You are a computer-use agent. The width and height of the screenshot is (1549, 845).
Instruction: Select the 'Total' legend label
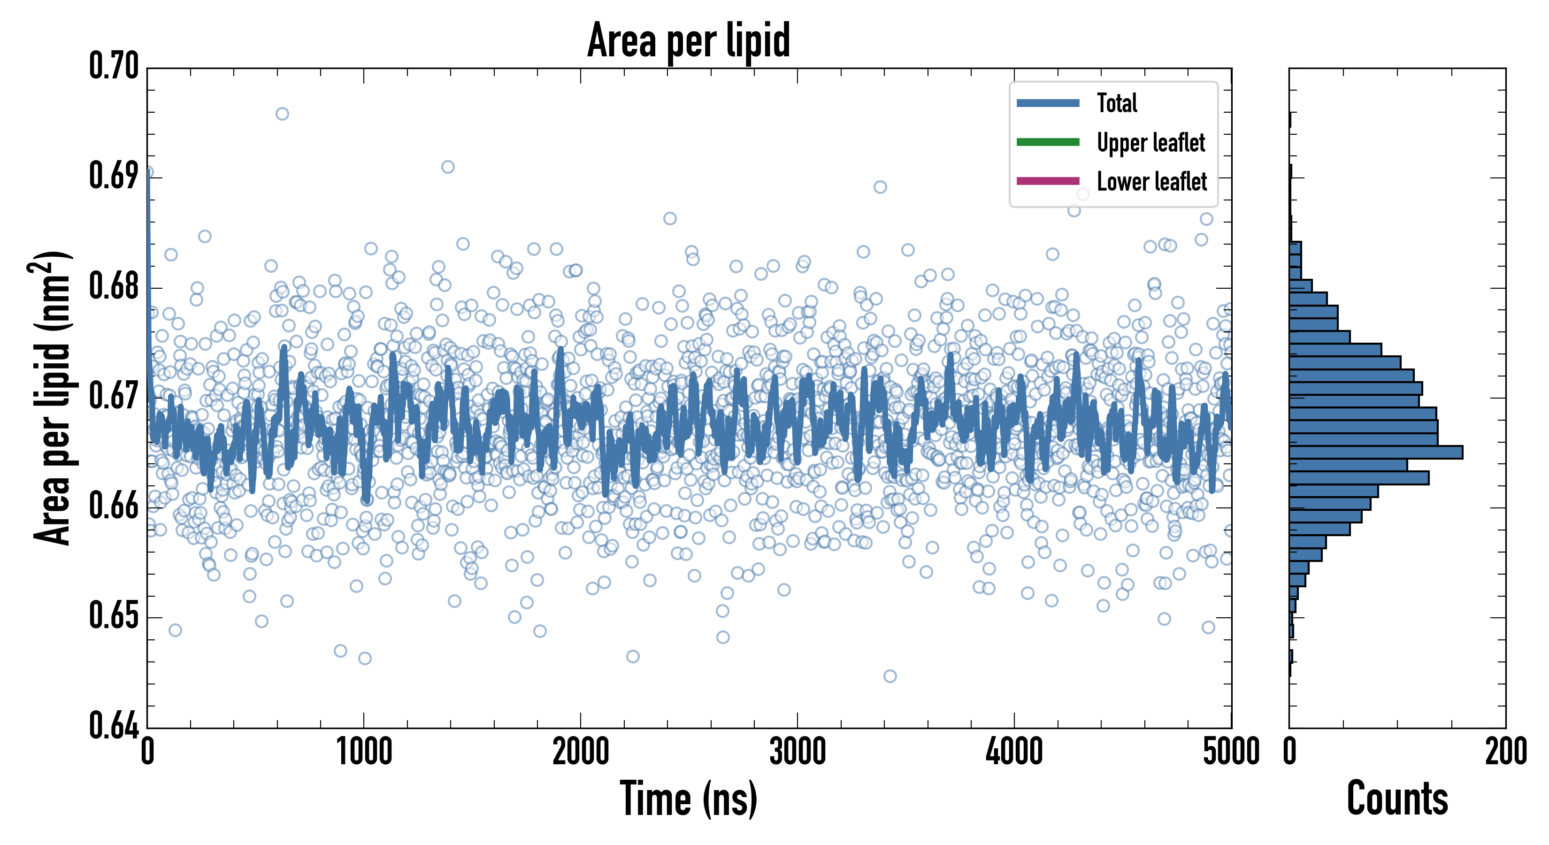point(1117,103)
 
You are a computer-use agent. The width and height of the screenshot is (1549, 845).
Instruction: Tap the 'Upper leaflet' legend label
point(1150,143)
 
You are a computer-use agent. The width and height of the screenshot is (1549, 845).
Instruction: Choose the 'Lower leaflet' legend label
point(1151,182)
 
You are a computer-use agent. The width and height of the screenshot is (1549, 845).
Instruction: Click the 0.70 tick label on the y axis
point(114,66)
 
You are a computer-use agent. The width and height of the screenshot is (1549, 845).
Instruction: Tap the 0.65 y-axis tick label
point(114,615)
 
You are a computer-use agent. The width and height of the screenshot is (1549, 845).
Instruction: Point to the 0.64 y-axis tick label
point(114,725)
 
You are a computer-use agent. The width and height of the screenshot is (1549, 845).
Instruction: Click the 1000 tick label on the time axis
point(364,752)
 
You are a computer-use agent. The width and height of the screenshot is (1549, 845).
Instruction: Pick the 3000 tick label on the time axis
point(798,752)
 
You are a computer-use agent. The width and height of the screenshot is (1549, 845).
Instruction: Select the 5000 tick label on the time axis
point(1230,752)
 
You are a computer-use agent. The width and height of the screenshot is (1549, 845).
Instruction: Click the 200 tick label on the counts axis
point(1505,752)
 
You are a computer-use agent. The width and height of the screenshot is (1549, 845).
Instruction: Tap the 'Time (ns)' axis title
point(689,799)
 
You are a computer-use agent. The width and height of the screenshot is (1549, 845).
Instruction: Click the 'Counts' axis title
point(1397,799)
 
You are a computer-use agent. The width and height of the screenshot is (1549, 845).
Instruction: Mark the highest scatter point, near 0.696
point(282,114)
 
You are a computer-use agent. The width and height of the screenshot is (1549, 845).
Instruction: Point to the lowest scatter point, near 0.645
point(890,676)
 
